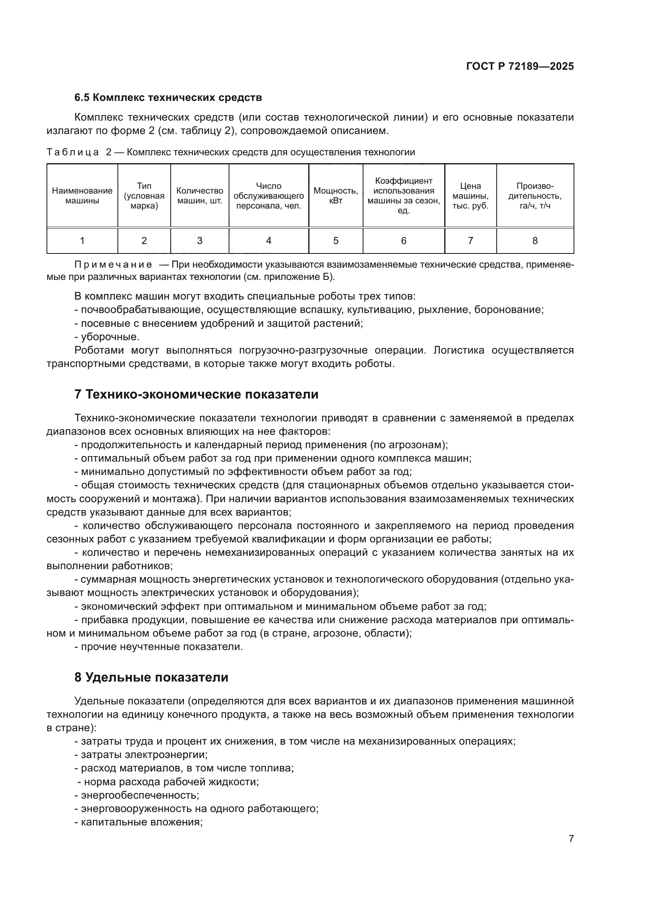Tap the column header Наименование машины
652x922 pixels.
(82, 196)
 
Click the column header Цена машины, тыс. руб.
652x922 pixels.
(470, 196)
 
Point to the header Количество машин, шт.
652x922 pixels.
(199, 196)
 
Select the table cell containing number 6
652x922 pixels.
(404, 240)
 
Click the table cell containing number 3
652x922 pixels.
(199, 240)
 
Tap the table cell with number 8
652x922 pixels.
(535, 240)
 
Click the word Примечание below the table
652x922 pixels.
(113, 264)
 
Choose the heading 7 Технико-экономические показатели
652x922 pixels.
(196, 394)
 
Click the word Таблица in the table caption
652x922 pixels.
(73, 152)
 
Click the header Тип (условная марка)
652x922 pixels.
(144, 196)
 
